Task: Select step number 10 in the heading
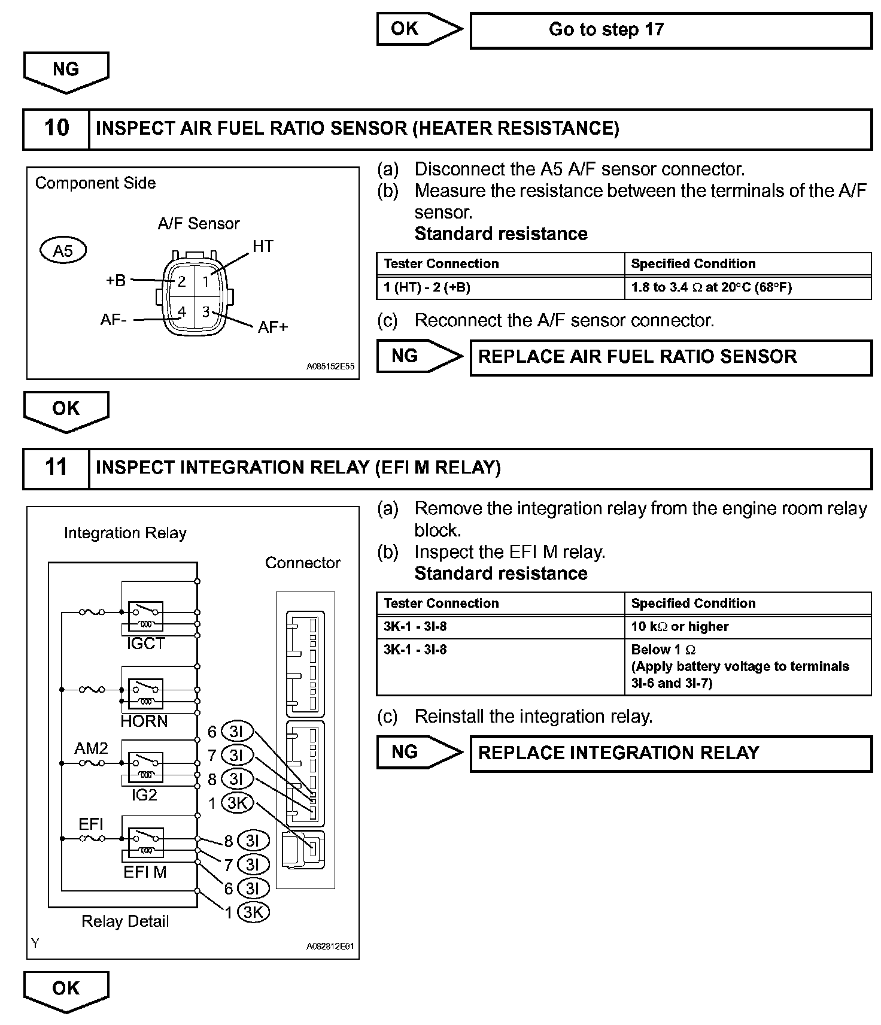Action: coord(56,128)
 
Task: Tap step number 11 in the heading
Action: coord(56,468)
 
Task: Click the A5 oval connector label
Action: coord(63,250)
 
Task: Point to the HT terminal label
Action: coord(263,246)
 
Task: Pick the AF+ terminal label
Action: coord(272,327)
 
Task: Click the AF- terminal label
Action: coord(114,320)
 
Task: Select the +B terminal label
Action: coord(116,280)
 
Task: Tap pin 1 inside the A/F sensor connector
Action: coord(205,281)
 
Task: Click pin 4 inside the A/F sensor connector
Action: coord(182,311)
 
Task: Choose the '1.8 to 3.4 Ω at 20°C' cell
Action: coord(711,287)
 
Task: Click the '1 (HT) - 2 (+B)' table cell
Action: coord(427,287)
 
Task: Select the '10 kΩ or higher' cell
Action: coord(680,627)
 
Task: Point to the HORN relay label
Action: coord(144,721)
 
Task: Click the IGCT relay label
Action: coord(145,644)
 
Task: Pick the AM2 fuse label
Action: coord(91,748)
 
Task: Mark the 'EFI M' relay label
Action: coord(145,872)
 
